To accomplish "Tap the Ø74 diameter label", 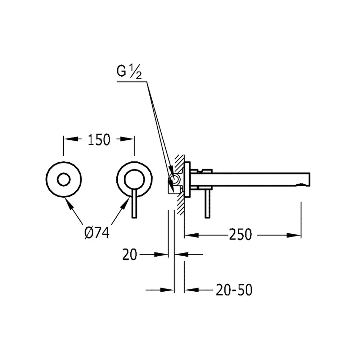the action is (x=97, y=233).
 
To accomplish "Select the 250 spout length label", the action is (x=240, y=235).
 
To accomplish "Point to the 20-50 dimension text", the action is (x=234, y=290).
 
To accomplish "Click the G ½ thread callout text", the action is (x=129, y=71).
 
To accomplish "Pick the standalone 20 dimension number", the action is (x=130, y=255).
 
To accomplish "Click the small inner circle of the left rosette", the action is (x=64, y=180).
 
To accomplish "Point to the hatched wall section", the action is (x=180, y=185).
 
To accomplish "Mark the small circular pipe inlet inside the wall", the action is (x=174, y=179).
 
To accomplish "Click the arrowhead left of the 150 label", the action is (x=71, y=139).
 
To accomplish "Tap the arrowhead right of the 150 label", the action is (x=127, y=139).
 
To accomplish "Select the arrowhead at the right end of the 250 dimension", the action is (x=294, y=235).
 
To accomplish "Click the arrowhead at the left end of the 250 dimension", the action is (x=192, y=235).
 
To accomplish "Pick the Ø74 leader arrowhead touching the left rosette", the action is (x=69, y=203).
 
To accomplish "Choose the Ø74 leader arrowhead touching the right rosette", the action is (x=125, y=203).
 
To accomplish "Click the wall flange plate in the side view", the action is (x=187, y=179).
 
